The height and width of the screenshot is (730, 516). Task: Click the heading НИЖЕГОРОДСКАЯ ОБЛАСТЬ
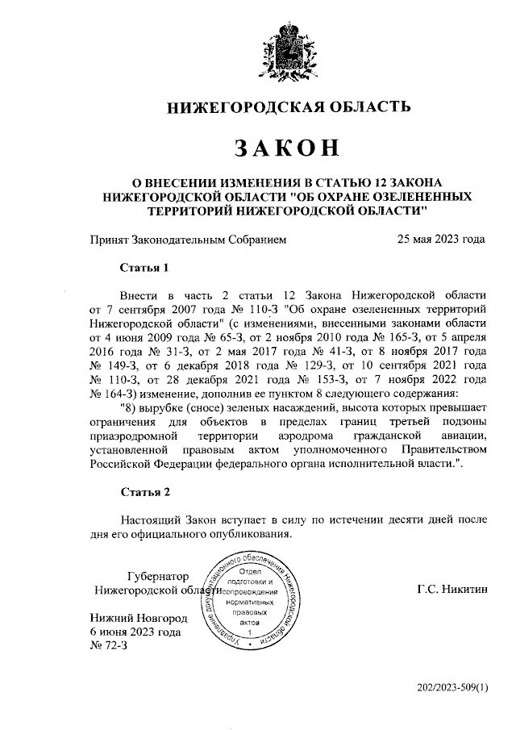pyautogui.click(x=288, y=106)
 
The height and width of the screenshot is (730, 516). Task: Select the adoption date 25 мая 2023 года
pyautogui.click(x=441, y=239)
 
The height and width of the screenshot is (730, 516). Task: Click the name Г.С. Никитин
pyautogui.click(x=452, y=590)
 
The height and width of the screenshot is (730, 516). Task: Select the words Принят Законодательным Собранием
pyautogui.click(x=187, y=239)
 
